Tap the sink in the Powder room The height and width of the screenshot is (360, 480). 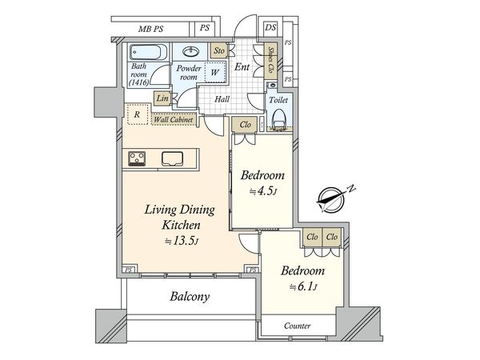(192, 50)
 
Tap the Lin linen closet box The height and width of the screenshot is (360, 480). (162, 98)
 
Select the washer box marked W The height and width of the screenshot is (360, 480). (214, 74)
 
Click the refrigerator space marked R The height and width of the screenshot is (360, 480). (138, 114)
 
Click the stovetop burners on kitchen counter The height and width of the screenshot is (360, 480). (136, 158)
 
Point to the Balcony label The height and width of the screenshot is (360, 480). (190, 297)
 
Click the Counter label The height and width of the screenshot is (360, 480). (298, 326)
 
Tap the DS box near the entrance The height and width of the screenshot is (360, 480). (271, 28)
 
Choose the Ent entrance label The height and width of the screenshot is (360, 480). (243, 67)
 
